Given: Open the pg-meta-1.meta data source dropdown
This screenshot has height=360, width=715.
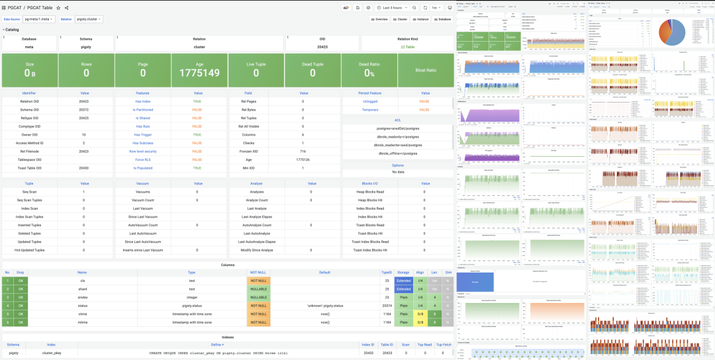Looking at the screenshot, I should (39, 19).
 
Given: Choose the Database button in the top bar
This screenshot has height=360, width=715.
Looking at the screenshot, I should (442, 19).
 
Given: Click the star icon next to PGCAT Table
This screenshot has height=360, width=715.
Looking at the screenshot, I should (58, 7).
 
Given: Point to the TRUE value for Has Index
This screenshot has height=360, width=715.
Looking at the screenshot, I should (197, 101).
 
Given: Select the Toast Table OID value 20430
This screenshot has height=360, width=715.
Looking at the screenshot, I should (83, 167).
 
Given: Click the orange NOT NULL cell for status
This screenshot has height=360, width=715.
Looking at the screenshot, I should (258, 305).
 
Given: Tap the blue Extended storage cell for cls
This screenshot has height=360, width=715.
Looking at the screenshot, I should (403, 281).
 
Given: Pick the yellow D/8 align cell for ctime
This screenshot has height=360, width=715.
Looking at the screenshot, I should (420, 314).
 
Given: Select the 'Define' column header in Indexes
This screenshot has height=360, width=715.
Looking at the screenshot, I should (217, 345).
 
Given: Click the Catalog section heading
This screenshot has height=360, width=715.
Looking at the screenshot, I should (12, 30).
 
